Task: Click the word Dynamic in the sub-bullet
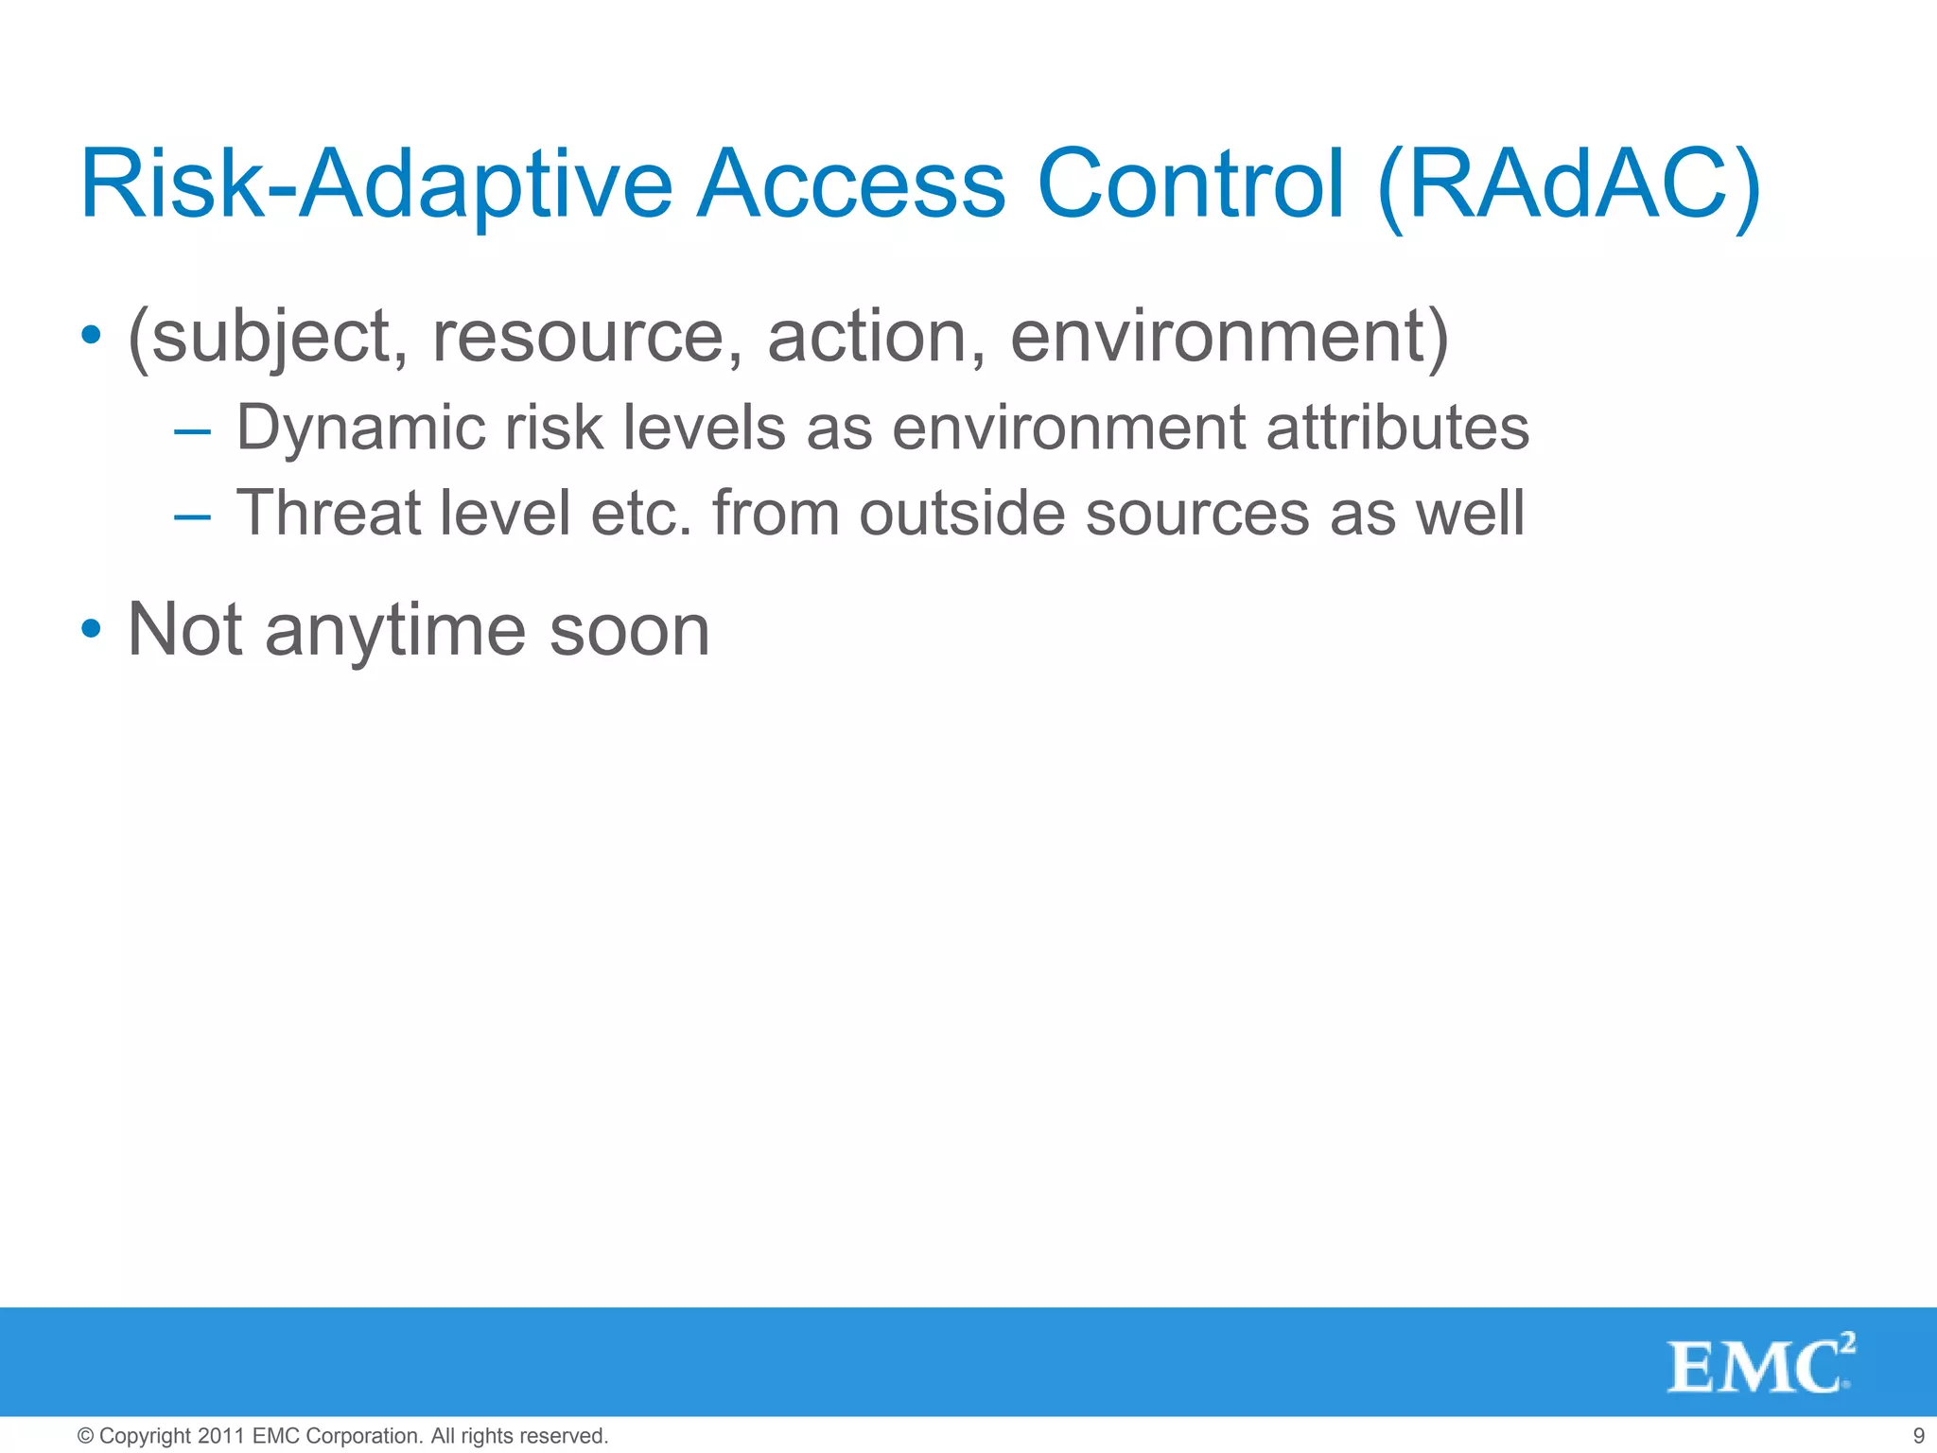359,429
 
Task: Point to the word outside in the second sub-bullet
962,514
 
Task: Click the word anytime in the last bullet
394,631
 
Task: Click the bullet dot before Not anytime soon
91,629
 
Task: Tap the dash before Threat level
192,516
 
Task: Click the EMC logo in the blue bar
1759,1364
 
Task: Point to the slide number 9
1919,1436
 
